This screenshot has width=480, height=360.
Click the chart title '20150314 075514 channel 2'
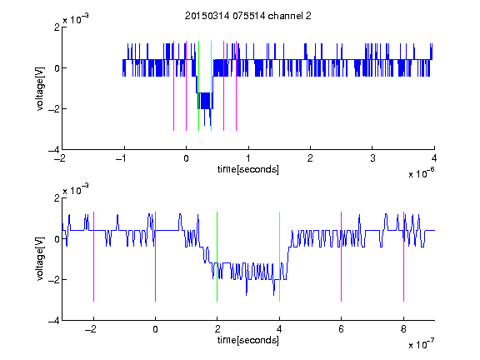tap(248, 16)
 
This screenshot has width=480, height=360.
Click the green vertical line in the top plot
tap(198, 86)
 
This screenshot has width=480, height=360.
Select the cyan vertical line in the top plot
tap(211, 86)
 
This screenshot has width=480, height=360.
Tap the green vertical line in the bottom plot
tap(217, 257)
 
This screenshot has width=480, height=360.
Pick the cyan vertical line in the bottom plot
tap(279, 257)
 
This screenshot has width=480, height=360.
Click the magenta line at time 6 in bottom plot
tap(342, 257)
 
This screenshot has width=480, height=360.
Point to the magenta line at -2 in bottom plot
tap(93, 257)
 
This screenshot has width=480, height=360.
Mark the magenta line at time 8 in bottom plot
tap(404, 257)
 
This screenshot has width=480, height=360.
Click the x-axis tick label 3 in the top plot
tap(372, 158)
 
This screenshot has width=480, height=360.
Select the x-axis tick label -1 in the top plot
tap(122, 158)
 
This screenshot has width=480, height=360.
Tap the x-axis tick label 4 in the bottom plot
tap(279, 329)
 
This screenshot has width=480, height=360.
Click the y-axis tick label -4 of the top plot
tap(54, 150)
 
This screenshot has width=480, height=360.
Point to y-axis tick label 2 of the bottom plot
tap(57, 198)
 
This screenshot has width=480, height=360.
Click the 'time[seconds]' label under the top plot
tap(248, 169)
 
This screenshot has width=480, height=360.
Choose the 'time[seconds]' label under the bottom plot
tap(248, 340)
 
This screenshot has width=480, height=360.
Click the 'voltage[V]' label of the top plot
tap(40, 89)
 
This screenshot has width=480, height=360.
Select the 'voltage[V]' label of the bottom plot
tap(40, 259)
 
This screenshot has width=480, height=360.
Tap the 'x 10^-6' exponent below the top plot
tap(421, 173)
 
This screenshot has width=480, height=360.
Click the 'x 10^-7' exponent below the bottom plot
tap(421, 344)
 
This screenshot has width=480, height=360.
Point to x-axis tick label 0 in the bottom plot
tap(155, 329)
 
